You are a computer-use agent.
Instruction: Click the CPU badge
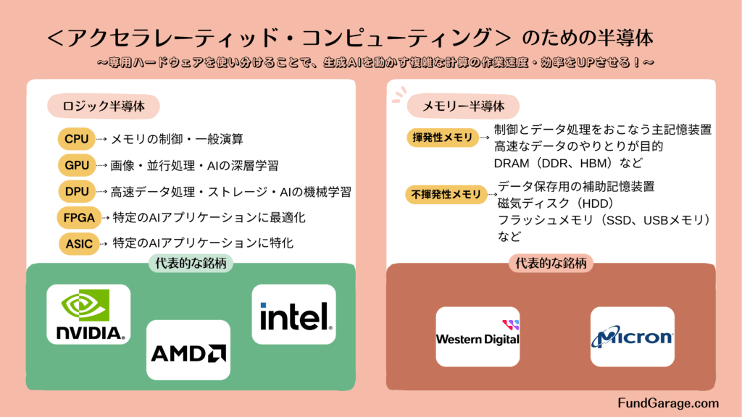(76, 139)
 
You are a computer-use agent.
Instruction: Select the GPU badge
(77, 166)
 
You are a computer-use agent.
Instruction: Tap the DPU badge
(77, 192)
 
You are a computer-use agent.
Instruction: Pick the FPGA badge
(79, 217)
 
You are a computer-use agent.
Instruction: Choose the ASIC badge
(79, 244)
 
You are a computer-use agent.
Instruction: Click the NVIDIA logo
(88, 314)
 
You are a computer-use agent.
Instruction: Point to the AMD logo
(188, 350)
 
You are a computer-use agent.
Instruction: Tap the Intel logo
(294, 314)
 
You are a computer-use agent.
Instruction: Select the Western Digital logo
(478, 337)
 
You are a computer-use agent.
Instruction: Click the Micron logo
(632, 337)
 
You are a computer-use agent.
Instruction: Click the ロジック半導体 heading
(103, 106)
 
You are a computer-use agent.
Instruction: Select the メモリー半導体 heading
(463, 106)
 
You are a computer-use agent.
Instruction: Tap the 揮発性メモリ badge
(443, 138)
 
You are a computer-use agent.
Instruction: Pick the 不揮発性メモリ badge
(446, 194)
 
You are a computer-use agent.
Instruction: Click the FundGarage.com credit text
(668, 403)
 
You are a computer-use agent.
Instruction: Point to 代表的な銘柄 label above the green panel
(191, 264)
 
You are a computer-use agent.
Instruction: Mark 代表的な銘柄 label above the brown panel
(551, 264)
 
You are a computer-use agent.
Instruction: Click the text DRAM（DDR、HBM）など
(568, 164)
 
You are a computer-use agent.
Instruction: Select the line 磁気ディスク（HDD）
(556, 203)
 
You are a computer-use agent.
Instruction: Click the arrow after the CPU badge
(101, 139)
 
